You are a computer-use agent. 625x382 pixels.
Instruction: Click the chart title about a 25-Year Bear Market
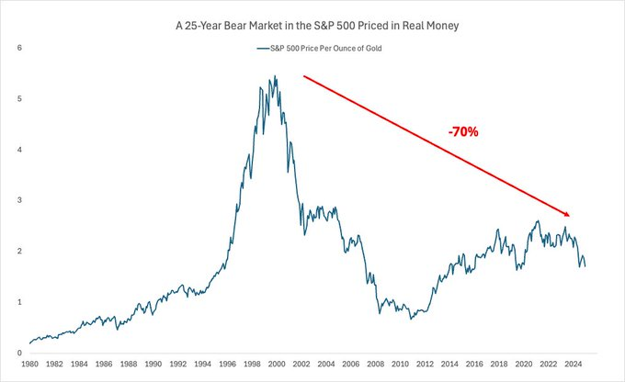click(312, 27)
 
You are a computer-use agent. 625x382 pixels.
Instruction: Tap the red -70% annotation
click(462, 132)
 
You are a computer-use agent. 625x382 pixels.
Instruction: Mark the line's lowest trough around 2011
click(411, 319)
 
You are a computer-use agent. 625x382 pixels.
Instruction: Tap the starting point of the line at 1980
click(30, 343)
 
